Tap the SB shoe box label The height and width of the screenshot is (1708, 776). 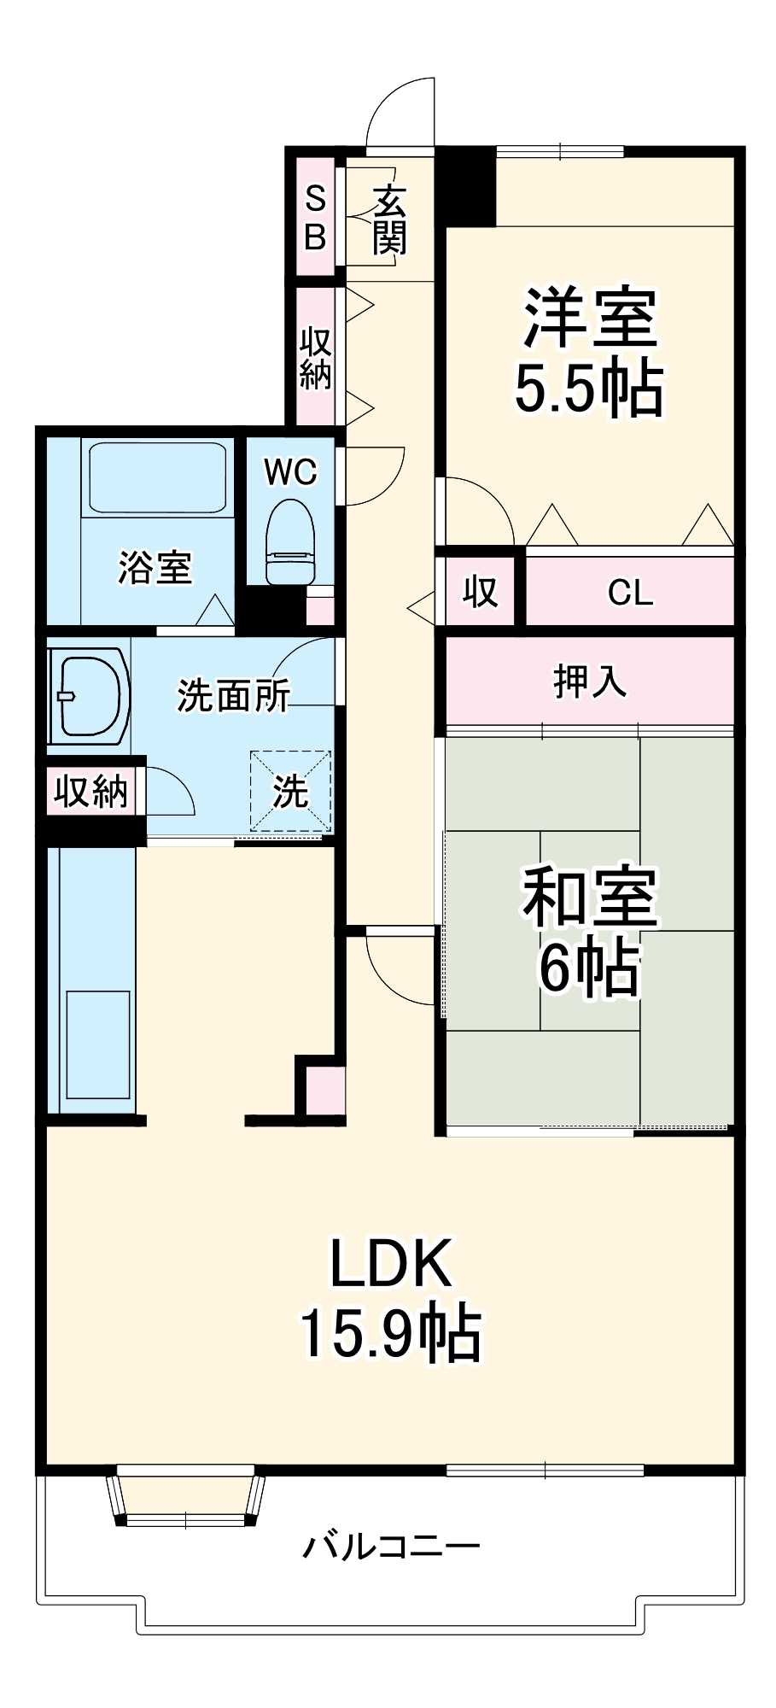point(315,218)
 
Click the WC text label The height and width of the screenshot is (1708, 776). point(290,471)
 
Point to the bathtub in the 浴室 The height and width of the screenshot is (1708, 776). point(158,477)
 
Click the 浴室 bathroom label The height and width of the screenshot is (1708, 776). point(155,567)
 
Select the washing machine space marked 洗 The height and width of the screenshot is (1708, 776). point(290,791)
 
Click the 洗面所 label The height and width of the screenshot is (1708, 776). point(233,696)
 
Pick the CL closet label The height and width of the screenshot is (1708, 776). point(630,592)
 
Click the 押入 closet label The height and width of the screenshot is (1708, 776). point(589,681)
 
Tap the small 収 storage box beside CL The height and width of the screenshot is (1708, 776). point(480,591)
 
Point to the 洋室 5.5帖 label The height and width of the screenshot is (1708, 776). point(589,352)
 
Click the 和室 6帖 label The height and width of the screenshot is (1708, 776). point(589,931)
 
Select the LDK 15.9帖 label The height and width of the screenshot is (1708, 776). point(391,1298)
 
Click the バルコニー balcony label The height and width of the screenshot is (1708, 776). point(391,1545)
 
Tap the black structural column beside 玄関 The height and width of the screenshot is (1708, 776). point(466,186)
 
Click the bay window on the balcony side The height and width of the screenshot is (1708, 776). point(185,1496)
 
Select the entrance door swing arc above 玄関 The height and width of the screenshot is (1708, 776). point(400,111)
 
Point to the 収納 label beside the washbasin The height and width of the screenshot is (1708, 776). point(91,791)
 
